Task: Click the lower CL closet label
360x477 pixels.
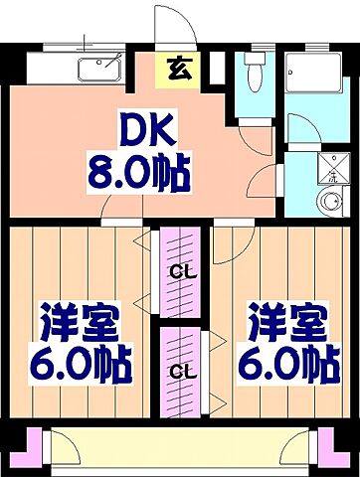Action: point(180,373)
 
